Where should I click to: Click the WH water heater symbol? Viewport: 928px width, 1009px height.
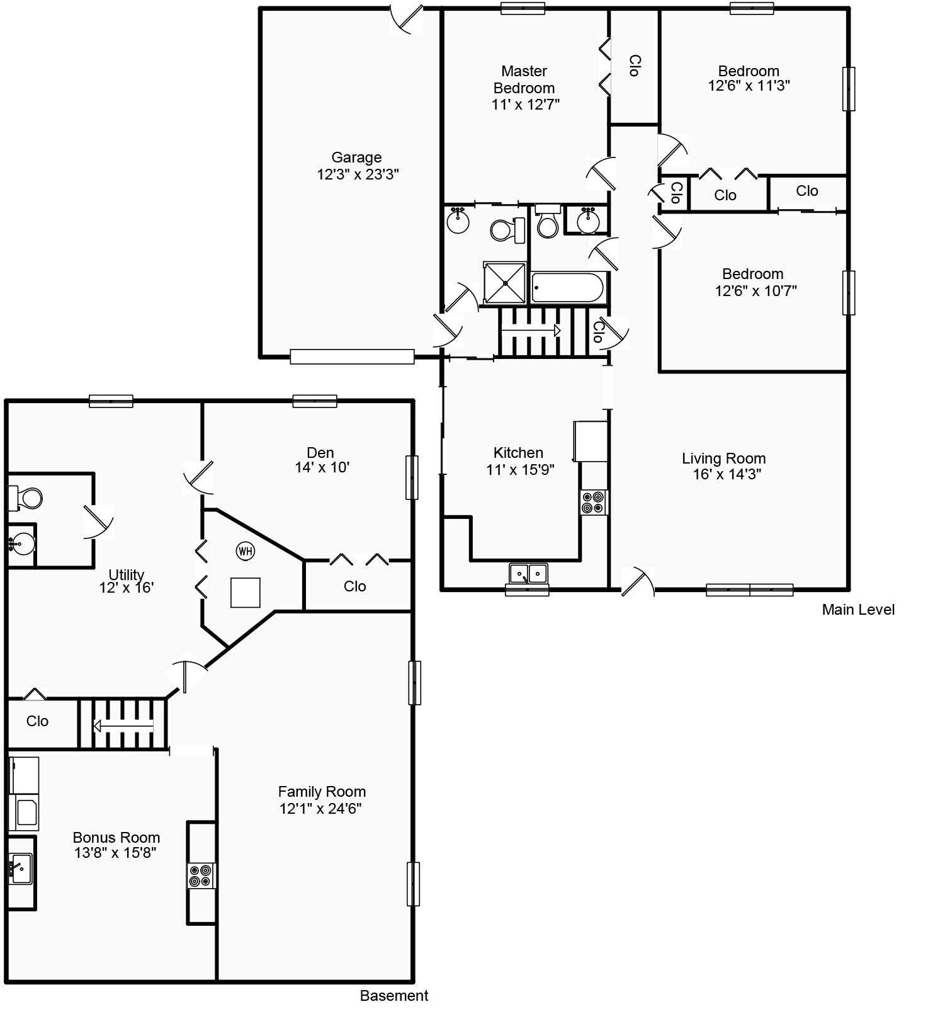tap(245, 551)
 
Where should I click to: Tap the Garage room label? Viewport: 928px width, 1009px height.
tap(356, 157)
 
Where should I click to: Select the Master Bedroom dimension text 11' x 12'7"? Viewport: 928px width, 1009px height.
tap(525, 105)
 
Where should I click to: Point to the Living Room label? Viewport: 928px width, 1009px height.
tap(723, 458)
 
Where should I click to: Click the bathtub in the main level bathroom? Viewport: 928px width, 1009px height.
tap(568, 288)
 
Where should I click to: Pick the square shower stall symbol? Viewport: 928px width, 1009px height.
tap(505, 283)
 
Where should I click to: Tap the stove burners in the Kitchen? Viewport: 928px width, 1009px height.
tap(594, 503)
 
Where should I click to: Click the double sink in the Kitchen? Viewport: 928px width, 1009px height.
tap(528, 574)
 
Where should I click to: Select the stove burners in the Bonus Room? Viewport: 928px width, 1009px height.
tap(201, 875)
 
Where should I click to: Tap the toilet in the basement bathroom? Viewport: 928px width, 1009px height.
tap(25, 498)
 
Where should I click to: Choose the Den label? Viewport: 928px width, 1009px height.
tap(320, 452)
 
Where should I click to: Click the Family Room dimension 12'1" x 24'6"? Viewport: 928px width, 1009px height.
tap(320, 808)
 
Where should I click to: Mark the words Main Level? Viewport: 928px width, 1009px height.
tap(858, 609)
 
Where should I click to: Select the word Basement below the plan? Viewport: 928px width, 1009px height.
tap(394, 995)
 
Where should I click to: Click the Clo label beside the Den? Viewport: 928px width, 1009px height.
tap(354, 586)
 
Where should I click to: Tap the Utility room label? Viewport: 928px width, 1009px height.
tap(127, 574)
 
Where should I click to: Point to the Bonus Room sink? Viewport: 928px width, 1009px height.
tap(20, 869)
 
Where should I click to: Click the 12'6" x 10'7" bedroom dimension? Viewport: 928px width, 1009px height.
tap(755, 290)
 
